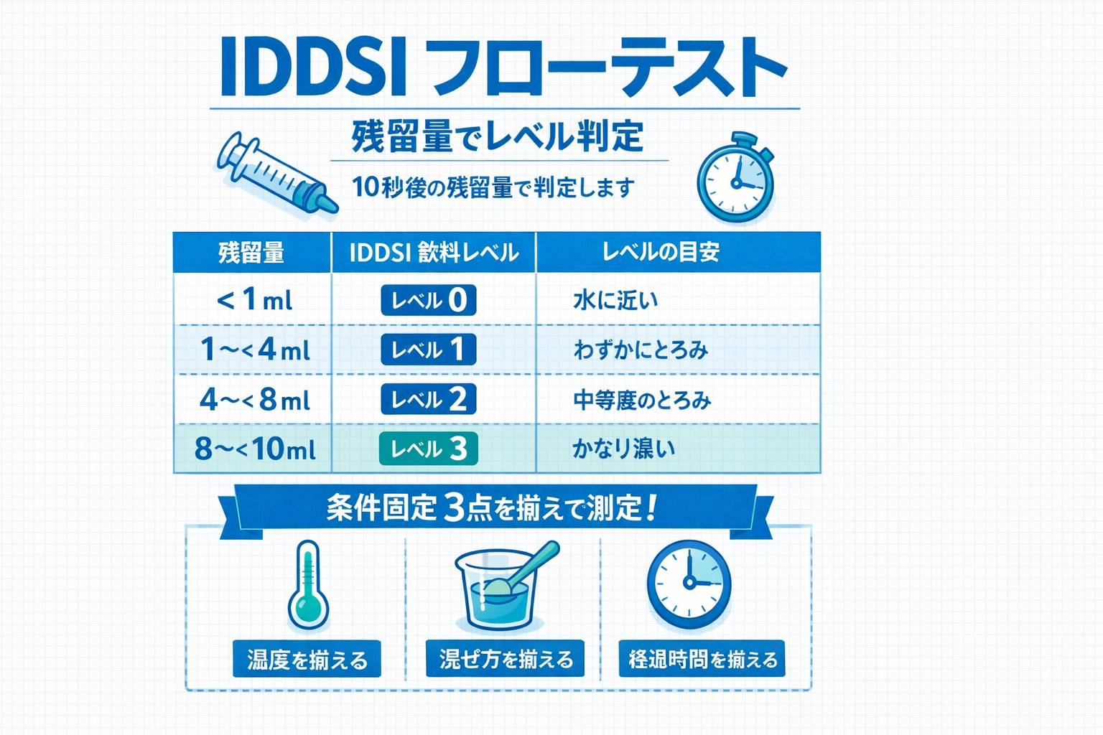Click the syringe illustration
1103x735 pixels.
tap(276, 174)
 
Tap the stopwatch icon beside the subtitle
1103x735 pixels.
tap(736, 179)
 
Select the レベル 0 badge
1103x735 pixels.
tap(428, 300)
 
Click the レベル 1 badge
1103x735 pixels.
tap(428, 350)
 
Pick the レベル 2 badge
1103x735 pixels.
tap(428, 399)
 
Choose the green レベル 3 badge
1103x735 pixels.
tap(428, 449)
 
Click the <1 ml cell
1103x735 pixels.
tap(253, 300)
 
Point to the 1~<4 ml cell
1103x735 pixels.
tap(253, 350)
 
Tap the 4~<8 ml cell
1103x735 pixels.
tap(253, 399)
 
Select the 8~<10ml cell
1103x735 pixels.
tap(253, 449)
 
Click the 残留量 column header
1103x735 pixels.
tap(251, 253)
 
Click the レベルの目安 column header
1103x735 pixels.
tap(661, 252)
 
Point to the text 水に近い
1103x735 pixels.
tap(615, 300)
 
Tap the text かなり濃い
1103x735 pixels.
tap(623, 449)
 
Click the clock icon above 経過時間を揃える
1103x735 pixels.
tap(689, 584)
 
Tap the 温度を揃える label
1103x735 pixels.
tap(307, 659)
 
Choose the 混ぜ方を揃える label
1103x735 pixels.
tap(505, 658)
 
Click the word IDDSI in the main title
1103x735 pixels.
tap(313, 68)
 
